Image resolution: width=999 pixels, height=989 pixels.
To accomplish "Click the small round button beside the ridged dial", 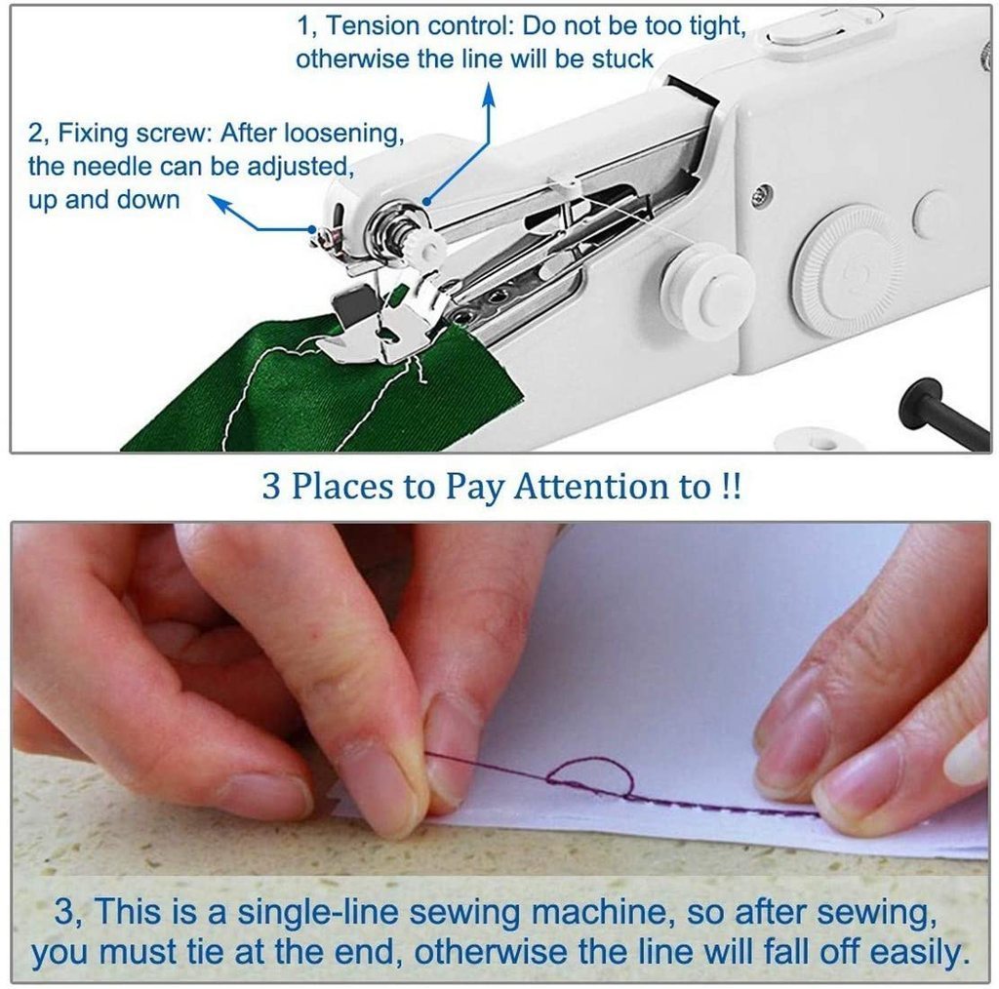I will [934, 216].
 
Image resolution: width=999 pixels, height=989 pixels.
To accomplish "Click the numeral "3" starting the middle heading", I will [270, 486].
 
